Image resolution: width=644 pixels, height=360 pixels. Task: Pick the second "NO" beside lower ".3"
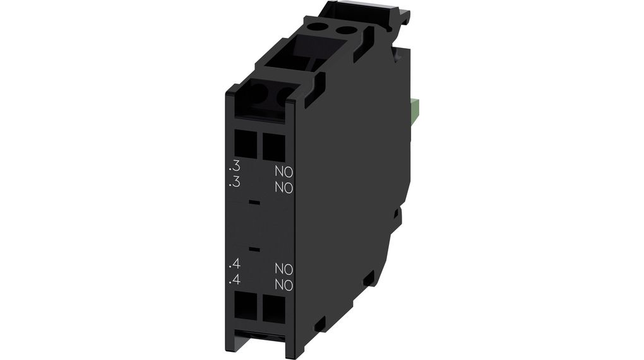(283, 188)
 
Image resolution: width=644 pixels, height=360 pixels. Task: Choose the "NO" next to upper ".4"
(283, 269)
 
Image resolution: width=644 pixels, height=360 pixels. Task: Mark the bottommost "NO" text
(283, 285)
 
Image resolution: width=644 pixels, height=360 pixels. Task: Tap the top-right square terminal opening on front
(273, 147)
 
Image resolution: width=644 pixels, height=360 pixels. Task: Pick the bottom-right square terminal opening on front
(273, 309)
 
